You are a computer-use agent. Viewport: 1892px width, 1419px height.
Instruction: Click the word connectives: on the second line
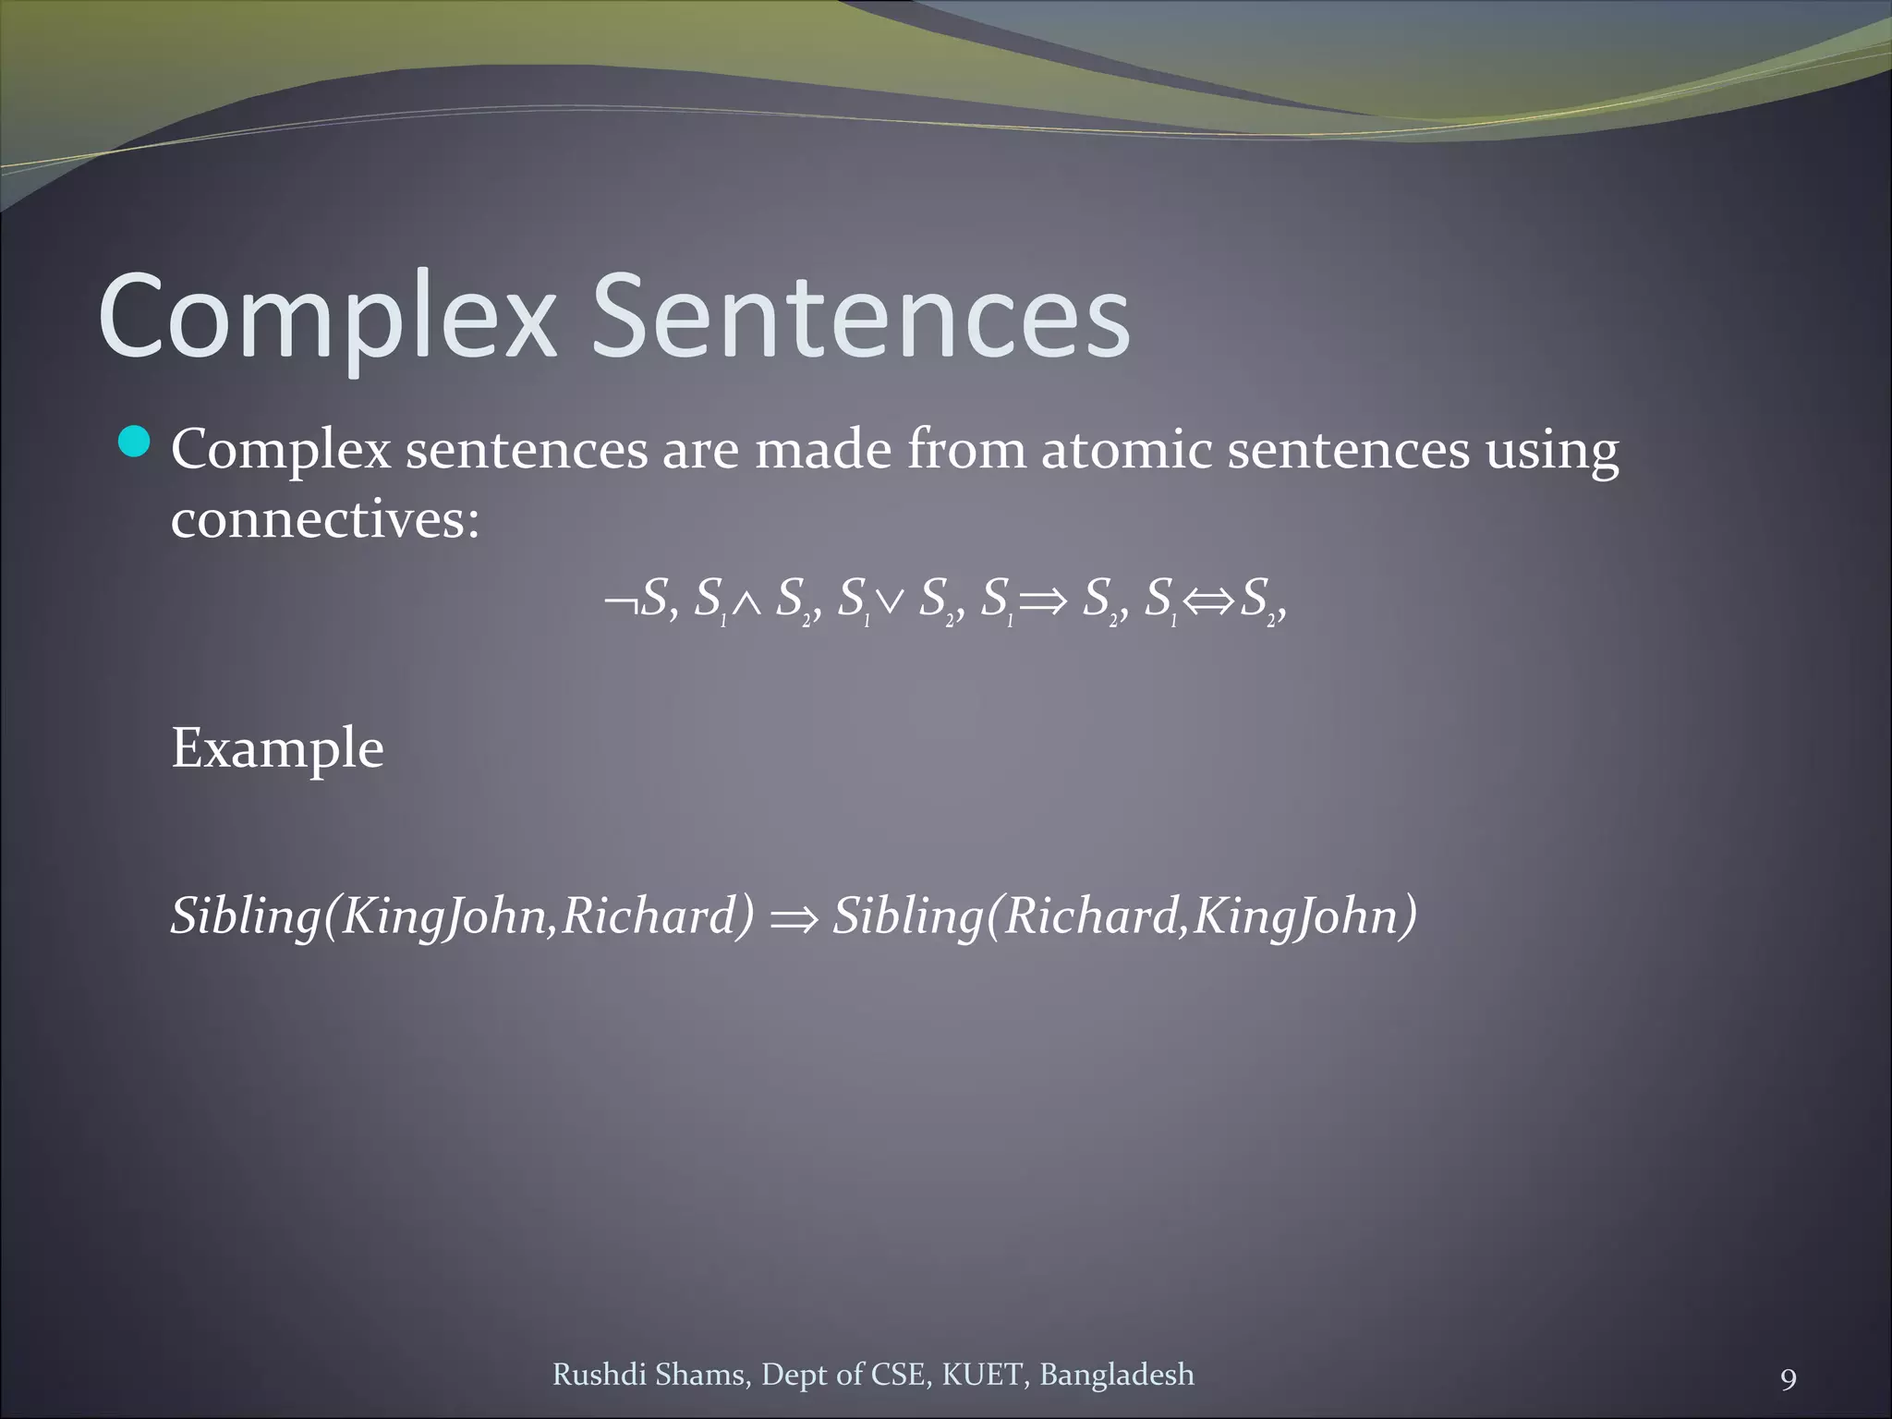(x=325, y=519)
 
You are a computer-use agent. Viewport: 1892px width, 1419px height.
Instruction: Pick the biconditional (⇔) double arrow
(x=1208, y=603)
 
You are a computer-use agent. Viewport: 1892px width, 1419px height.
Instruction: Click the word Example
(x=277, y=748)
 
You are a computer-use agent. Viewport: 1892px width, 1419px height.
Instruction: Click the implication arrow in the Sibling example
(x=794, y=918)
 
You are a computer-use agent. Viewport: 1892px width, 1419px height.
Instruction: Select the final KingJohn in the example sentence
(x=1303, y=916)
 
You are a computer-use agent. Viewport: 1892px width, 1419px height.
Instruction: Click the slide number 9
(x=1789, y=1380)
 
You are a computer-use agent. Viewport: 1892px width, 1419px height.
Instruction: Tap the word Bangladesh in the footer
(x=1116, y=1375)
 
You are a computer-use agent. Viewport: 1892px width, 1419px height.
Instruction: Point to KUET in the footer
(x=983, y=1375)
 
